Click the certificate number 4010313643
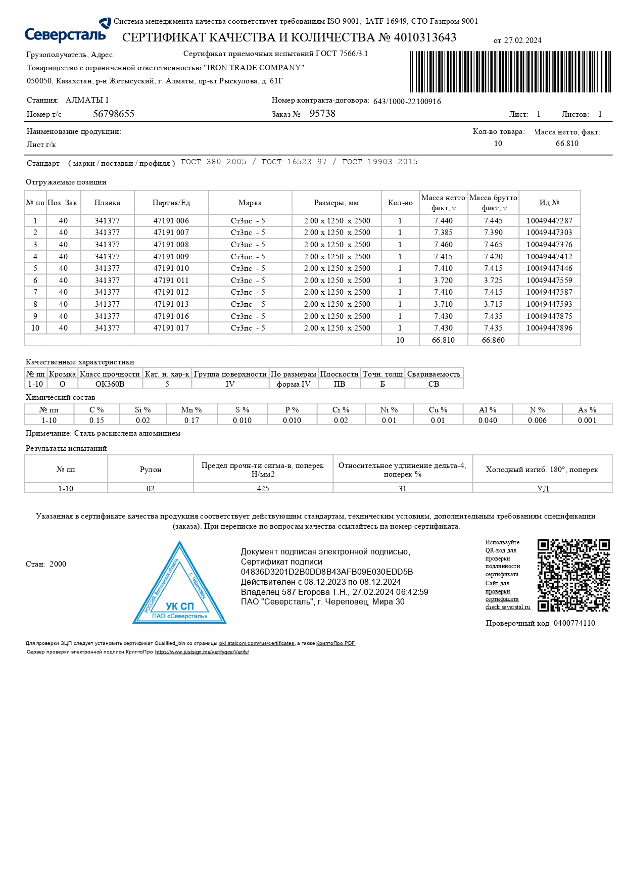(x=425, y=37)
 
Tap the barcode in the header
(x=510, y=71)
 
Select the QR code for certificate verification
(x=573, y=575)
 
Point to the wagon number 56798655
(x=114, y=114)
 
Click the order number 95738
(x=322, y=114)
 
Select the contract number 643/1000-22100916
(x=407, y=102)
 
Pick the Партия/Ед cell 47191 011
(x=171, y=281)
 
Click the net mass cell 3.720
(x=443, y=281)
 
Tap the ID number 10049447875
(x=549, y=316)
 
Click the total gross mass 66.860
(x=493, y=340)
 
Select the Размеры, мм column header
(x=336, y=203)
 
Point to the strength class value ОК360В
(x=110, y=384)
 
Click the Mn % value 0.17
(x=191, y=421)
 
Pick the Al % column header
(x=488, y=410)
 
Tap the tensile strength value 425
(x=263, y=489)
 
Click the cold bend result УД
(x=543, y=489)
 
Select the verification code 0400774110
(x=574, y=623)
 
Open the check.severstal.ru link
(x=508, y=607)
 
